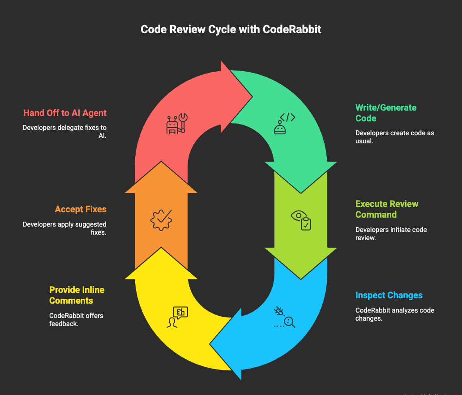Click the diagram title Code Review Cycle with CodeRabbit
pyautogui.click(x=231, y=30)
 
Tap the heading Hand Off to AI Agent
pyautogui.click(x=65, y=113)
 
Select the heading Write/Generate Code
pyautogui.click(x=386, y=113)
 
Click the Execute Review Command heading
pyautogui.click(x=387, y=209)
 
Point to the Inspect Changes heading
pyautogui.click(x=389, y=295)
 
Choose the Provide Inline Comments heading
pyautogui.click(x=77, y=295)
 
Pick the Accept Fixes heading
pyautogui.click(x=81, y=209)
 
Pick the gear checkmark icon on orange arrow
pyautogui.click(x=161, y=220)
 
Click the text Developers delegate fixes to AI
pyautogui.click(x=65, y=131)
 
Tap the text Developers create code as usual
pyautogui.click(x=394, y=137)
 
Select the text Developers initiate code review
pyautogui.click(x=391, y=234)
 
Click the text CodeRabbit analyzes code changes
pyautogui.click(x=394, y=314)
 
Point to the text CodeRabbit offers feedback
pyautogui.click(x=76, y=319)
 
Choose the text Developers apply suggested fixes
pyautogui.click(x=65, y=228)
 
